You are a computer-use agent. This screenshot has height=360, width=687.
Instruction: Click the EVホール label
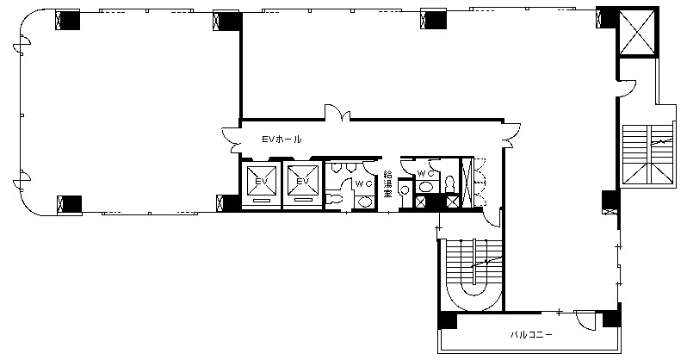coord(282,140)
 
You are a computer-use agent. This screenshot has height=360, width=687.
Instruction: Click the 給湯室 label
coord(387,184)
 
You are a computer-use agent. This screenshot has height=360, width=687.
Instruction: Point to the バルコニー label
coord(531,335)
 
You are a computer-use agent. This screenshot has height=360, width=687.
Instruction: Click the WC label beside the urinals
coord(363,184)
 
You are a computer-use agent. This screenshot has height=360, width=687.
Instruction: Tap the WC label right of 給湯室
coord(426,174)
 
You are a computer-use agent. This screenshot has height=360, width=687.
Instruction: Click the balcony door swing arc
coord(585,320)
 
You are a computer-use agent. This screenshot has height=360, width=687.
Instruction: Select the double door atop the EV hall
coord(337,112)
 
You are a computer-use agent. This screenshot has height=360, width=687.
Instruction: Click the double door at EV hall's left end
coord(232,140)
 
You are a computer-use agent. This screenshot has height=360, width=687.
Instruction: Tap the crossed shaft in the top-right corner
coord(637,33)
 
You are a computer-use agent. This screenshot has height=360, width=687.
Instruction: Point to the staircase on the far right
coord(647,154)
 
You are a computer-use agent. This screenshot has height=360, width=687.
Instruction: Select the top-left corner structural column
coord(67,20)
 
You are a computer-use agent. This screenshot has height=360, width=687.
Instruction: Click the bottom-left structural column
coord(69,205)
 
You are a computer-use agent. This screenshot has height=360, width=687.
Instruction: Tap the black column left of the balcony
coord(448,320)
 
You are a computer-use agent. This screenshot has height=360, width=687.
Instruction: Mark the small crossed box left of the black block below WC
coord(420,202)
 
